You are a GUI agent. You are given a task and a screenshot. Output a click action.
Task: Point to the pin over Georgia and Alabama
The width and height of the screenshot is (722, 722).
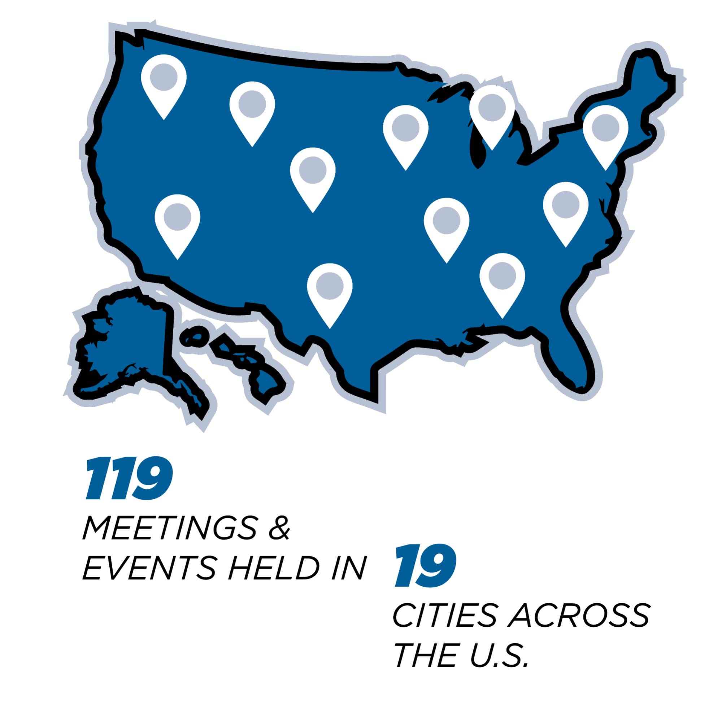tap(502, 278)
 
